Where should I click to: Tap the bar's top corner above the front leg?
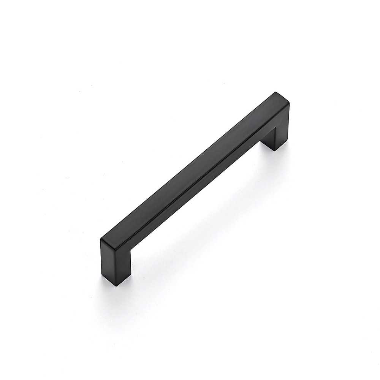(x=102, y=239)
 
